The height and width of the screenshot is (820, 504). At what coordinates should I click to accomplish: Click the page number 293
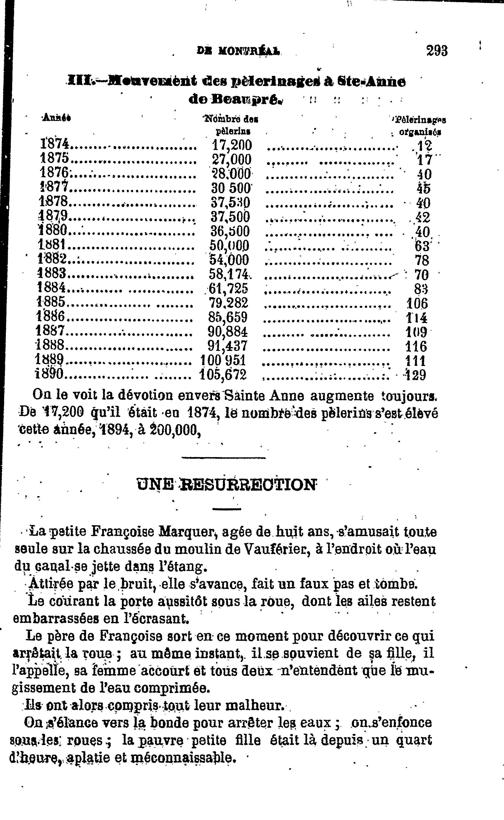437,51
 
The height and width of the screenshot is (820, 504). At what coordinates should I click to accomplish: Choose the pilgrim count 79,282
228,303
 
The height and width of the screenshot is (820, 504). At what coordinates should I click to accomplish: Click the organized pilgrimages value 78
421,260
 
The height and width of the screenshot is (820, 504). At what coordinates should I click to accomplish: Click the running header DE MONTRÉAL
239,51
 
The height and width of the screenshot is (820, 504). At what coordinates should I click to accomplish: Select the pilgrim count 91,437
228,346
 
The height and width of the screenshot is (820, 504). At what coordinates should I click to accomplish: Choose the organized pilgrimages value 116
416,346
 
